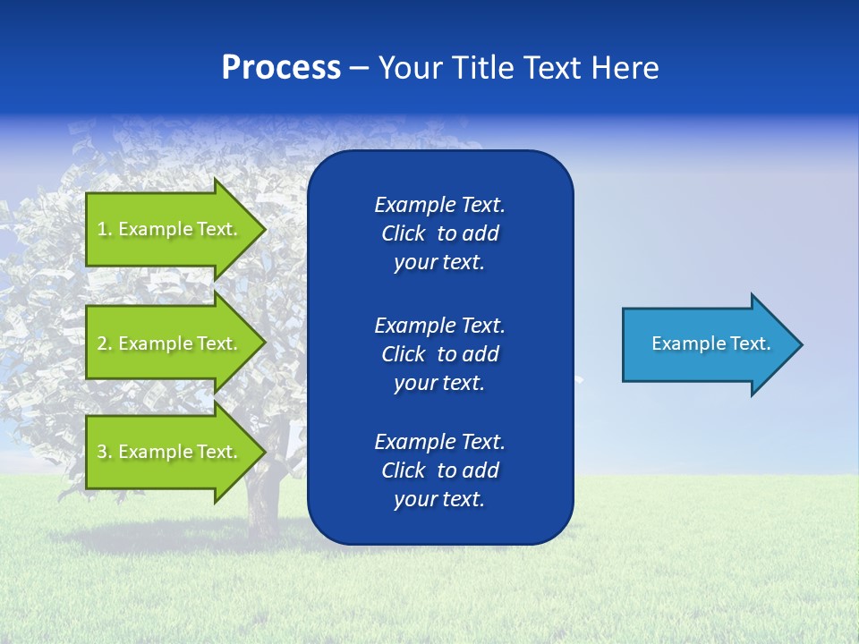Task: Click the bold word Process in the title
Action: tap(281, 68)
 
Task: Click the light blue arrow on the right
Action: tap(707, 344)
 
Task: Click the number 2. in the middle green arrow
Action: tap(105, 343)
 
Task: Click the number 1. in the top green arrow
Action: tap(105, 229)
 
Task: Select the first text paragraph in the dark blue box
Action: tap(439, 233)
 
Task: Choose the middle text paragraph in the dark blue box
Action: tap(439, 353)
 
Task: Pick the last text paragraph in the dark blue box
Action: tap(439, 470)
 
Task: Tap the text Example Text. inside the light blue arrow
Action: tap(710, 343)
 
